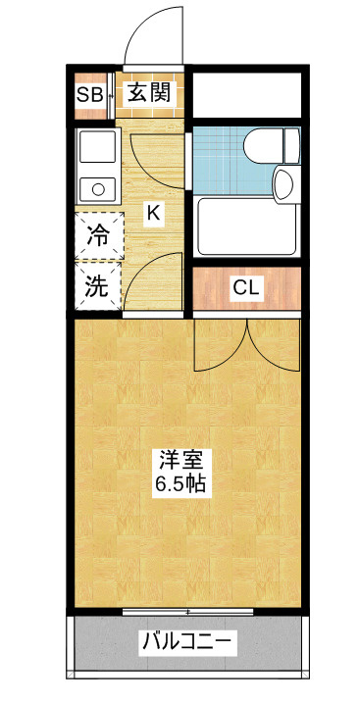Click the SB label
tap(90, 94)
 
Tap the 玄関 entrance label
tap(149, 93)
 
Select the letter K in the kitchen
tap(153, 212)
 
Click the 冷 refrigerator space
tap(99, 235)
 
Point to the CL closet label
tap(246, 288)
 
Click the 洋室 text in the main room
tap(181, 461)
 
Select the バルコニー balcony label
tap(186, 642)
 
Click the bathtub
tap(248, 226)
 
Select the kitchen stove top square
tap(98, 146)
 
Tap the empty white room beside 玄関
tap(246, 95)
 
